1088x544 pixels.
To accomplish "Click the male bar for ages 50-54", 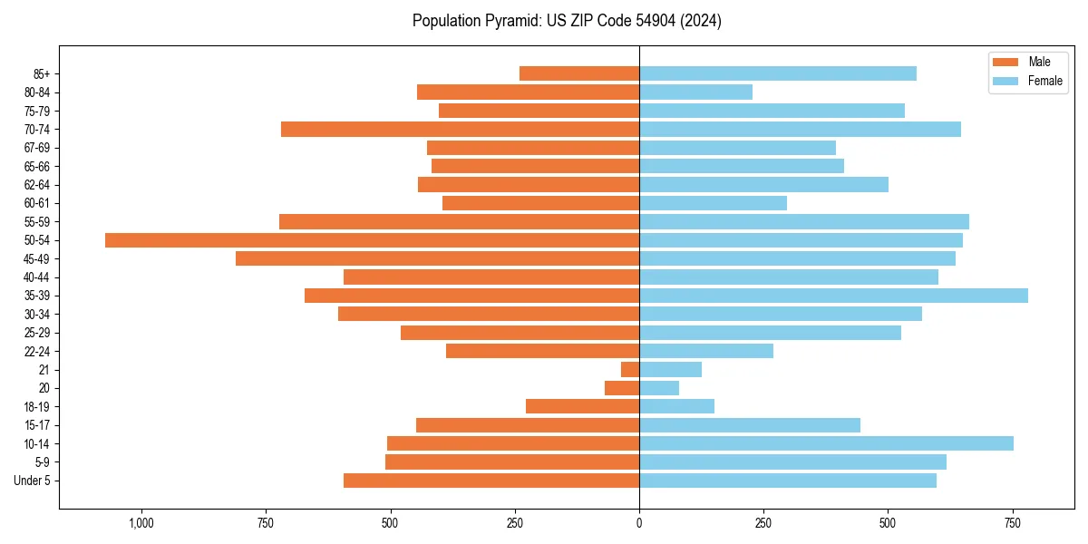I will click(x=372, y=240).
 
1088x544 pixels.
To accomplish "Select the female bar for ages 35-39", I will click(x=833, y=296).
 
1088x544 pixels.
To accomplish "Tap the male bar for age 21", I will click(x=630, y=370).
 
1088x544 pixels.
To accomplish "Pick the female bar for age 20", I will click(x=659, y=388).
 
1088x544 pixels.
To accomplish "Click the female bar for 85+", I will click(x=778, y=73).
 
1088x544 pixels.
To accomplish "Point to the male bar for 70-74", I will click(x=460, y=130).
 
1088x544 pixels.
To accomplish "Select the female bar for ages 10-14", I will click(x=826, y=443).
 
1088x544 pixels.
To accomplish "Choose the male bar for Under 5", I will click(x=491, y=481).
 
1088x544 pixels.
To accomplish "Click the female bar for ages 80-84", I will click(x=695, y=92).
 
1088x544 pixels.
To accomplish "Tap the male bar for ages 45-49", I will click(x=437, y=258).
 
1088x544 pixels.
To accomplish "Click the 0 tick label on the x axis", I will click(x=639, y=523).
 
